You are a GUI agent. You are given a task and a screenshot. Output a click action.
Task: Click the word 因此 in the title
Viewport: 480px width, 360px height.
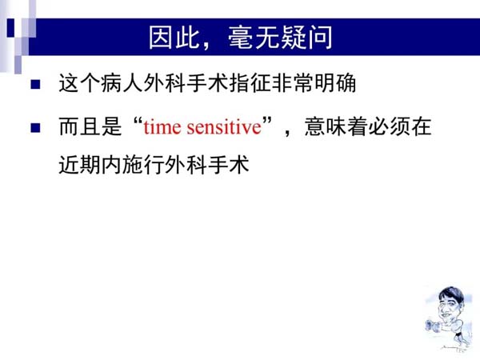(174, 38)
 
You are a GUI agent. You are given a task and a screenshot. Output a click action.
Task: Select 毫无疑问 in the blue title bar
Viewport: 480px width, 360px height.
(280, 38)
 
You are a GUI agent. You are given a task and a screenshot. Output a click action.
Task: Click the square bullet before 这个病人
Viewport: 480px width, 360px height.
(35, 84)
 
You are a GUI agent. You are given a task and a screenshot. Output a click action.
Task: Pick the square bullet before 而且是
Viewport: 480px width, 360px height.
(35, 128)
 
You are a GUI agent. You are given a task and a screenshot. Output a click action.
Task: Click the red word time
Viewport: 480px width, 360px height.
(162, 126)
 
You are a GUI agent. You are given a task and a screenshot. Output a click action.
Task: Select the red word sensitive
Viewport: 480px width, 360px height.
(224, 126)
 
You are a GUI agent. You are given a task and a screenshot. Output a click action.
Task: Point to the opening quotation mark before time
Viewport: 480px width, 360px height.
(138, 121)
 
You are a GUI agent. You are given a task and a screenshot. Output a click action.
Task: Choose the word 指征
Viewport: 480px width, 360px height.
(250, 83)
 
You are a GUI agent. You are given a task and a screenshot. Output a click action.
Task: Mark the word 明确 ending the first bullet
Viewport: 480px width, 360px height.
(335, 83)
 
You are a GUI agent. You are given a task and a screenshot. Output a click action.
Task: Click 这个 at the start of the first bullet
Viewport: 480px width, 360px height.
(80, 83)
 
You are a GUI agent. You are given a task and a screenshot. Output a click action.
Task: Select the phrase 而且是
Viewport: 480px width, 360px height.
(90, 126)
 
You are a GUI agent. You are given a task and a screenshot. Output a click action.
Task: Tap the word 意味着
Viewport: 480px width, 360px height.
(336, 126)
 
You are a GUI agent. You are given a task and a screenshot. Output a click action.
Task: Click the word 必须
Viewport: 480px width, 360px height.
(389, 126)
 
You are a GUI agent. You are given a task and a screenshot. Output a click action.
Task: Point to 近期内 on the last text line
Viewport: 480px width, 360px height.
(90, 165)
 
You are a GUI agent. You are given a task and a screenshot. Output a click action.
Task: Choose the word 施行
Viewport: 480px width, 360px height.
(143, 165)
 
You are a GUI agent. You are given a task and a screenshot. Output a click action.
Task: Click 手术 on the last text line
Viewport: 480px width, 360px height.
(228, 165)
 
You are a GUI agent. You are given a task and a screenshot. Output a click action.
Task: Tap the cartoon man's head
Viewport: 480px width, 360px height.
(450, 303)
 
